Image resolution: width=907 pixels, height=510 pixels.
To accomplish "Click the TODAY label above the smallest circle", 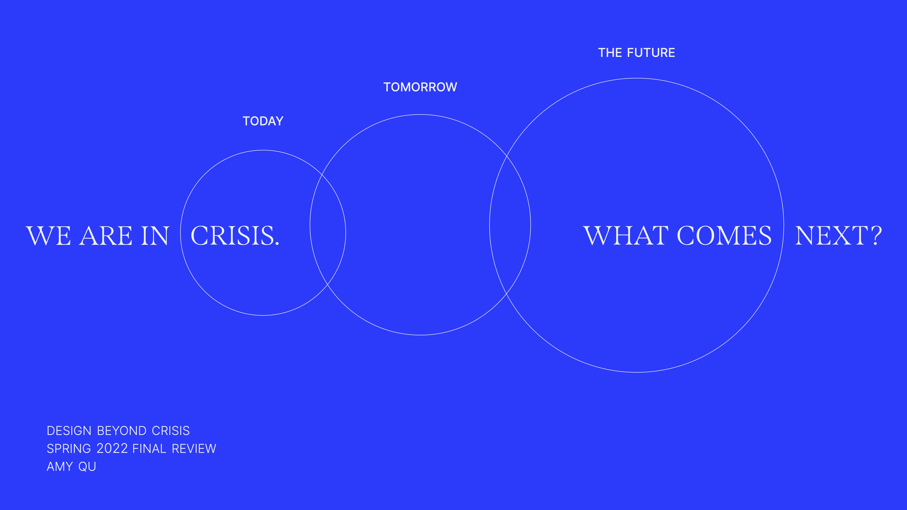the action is [x=263, y=121].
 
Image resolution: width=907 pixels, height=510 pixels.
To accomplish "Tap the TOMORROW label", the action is [x=420, y=87].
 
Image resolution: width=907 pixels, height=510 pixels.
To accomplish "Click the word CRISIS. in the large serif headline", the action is [x=235, y=236].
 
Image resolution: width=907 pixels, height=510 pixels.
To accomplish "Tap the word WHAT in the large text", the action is [x=626, y=236].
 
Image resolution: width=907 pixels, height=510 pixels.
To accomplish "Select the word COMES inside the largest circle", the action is [x=724, y=236].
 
